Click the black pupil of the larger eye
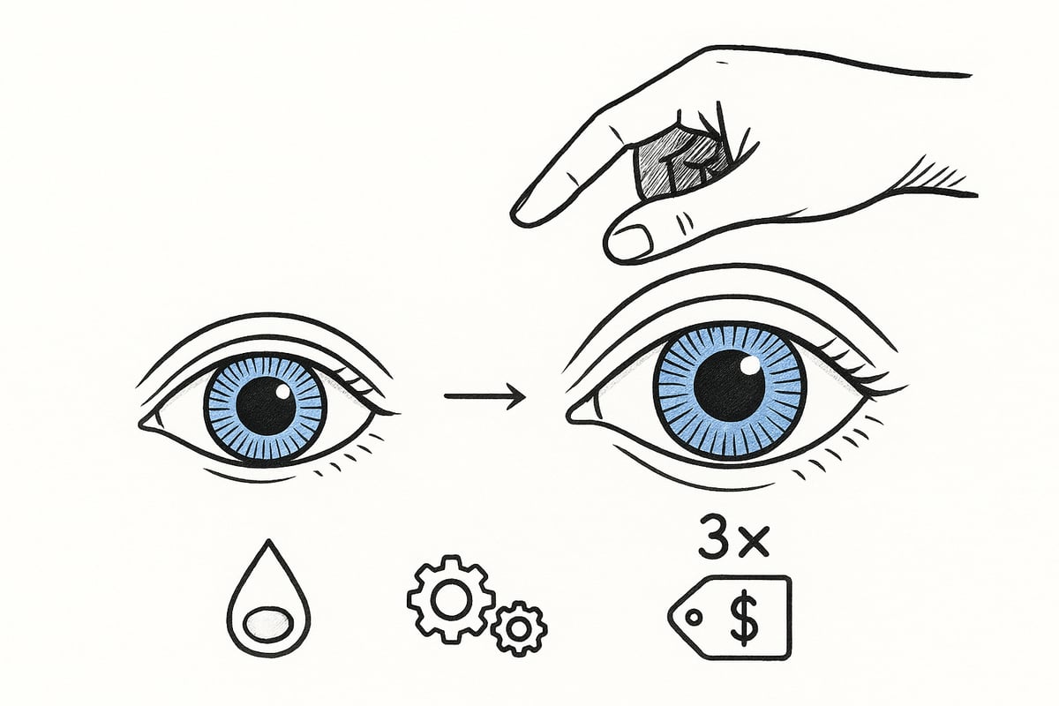pos(730,387)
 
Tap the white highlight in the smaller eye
pos(282,391)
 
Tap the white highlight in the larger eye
pos(749,364)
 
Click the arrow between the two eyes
pos(484,395)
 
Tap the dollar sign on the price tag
pos(744,617)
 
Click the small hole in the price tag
pos(694,617)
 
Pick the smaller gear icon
pos(519,628)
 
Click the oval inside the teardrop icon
pos(267,623)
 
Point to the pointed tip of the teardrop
pos(269,540)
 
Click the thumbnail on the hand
pos(633,240)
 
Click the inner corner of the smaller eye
pos(140,424)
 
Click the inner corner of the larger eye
pos(568,416)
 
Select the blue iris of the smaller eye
pos(266,407)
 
